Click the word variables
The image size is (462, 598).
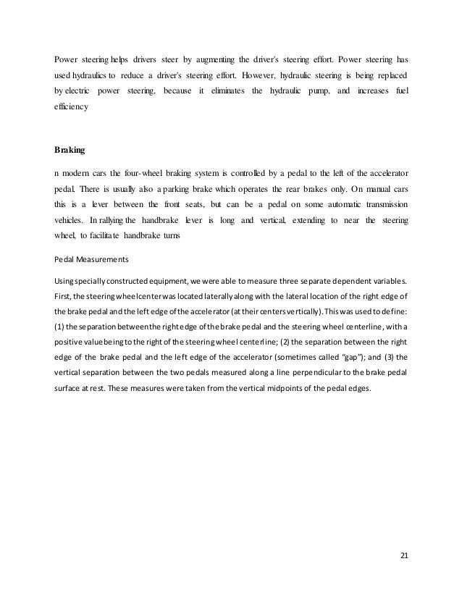[389, 281]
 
